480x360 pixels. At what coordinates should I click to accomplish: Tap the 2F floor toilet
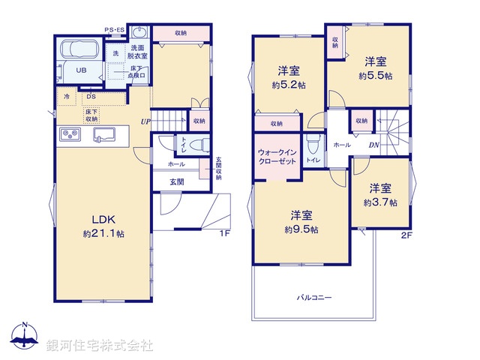coord(313,142)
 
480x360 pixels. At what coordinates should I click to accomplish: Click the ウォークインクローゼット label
coord(277,157)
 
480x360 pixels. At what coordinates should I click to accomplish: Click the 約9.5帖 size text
coord(301,229)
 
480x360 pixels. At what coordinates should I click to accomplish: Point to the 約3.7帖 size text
coord(380,202)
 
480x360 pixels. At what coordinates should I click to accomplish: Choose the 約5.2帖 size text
coord(289,85)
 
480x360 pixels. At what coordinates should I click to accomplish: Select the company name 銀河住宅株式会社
coord(100,345)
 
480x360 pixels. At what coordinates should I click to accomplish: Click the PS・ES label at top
coord(115,30)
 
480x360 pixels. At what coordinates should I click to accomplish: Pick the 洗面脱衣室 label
coord(135,52)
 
